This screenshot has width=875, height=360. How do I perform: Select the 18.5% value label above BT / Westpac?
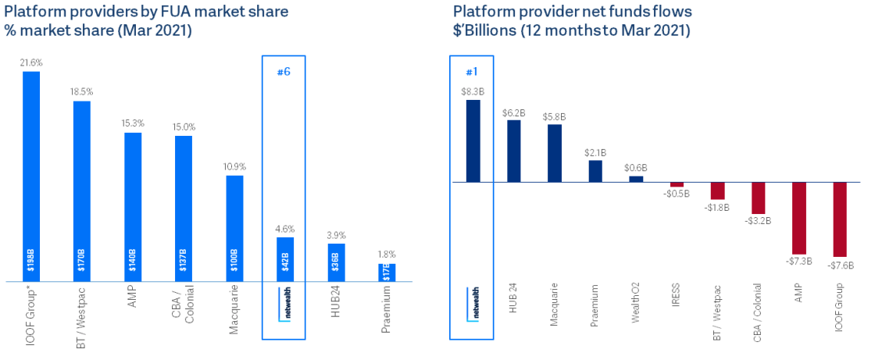82,92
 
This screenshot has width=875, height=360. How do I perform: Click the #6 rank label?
284,72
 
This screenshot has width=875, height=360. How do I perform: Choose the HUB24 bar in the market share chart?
336,262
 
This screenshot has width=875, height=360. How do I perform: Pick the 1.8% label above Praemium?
387,255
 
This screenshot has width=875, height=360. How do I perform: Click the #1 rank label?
472,72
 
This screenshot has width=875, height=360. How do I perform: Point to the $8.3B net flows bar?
473,141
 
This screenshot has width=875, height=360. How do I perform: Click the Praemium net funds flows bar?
595,171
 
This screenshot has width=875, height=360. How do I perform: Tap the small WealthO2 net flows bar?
636,179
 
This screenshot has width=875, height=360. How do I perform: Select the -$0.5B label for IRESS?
677,193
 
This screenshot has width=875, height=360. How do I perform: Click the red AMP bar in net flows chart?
798,218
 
